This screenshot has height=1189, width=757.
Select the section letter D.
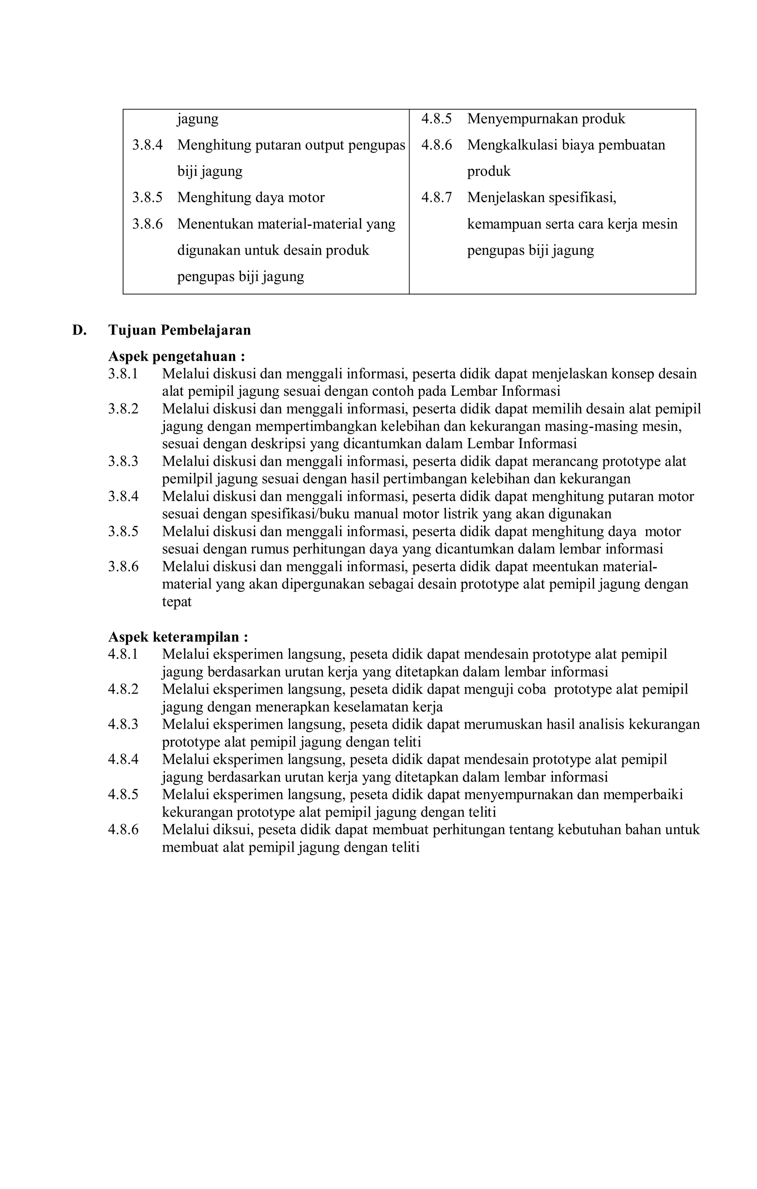pos(79,330)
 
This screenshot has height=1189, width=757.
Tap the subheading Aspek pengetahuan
pos(176,356)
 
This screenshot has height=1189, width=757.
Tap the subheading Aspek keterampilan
pos(178,637)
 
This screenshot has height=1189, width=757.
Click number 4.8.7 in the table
pos(436,198)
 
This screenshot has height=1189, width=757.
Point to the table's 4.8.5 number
pos(436,119)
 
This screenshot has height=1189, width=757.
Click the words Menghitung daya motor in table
pos(251,198)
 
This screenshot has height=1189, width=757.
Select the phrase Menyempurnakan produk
pos(546,119)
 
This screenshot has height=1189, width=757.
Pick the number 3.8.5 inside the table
pos(147,198)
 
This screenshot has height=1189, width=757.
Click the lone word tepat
pos(176,602)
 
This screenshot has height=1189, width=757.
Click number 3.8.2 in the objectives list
pos(123,409)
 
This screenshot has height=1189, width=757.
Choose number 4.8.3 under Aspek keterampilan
pos(123,724)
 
